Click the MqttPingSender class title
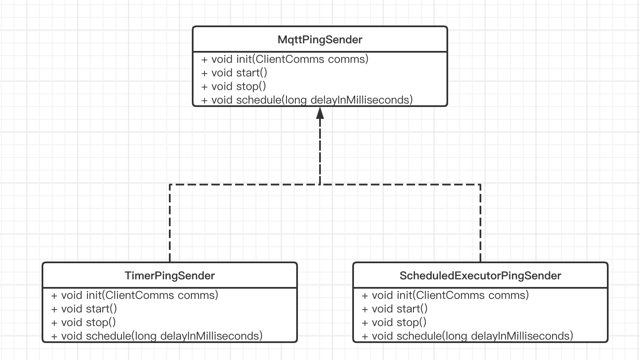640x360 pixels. [x=320, y=39]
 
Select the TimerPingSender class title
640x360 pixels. [x=170, y=276]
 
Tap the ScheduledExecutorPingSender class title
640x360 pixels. [x=480, y=276]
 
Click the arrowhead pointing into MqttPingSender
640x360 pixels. [x=320, y=113]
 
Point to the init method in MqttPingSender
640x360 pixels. [x=285, y=59]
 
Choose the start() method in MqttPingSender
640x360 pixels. [x=234, y=73]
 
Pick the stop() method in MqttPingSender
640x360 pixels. [x=234, y=86]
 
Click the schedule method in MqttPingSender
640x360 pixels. [x=307, y=100]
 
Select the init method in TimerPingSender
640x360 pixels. [x=135, y=295]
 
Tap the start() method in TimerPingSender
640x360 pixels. [x=84, y=309]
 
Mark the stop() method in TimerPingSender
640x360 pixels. [x=84, y=322]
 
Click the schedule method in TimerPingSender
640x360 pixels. [x=157, y=336]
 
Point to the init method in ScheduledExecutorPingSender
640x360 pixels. [x=445, y=295]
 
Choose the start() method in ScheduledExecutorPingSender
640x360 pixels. [x=395, y=309]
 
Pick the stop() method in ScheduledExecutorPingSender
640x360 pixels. [x=394, y=322]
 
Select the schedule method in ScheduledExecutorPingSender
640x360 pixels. [x=467, y=336]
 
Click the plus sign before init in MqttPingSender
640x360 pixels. [x=205, y=59]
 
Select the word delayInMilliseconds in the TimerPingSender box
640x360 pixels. [x=210, y=336]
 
